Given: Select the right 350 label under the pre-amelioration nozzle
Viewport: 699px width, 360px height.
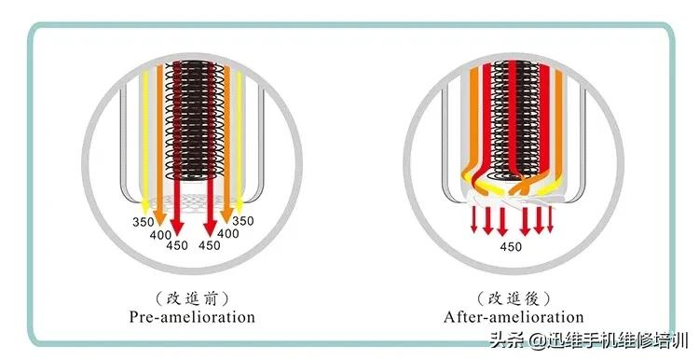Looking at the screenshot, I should pyautogui.click(x=242, y=221).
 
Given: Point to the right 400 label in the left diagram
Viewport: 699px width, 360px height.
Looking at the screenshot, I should pyautogui.click(x=228, y=233).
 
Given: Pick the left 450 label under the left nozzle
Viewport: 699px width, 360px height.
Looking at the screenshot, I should pyautogui.click(x=177, y=245).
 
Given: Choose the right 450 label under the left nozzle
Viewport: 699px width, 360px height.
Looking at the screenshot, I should pyautogui.click(x=210, y=245).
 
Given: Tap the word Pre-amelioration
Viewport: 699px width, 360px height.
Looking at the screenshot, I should pyautogui.click(x=192, y=317).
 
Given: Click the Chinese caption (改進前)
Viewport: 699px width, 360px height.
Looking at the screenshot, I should pyautogui.click(x=192, y=298).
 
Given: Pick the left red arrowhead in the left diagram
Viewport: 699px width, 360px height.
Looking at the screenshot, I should pyautogui.click(x=178, y=227).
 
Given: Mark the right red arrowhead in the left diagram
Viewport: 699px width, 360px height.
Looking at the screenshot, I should pyautogui.click(x=210, y=227).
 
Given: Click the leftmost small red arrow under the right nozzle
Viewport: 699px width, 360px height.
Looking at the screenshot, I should pyautogui.click(x=474, y=226).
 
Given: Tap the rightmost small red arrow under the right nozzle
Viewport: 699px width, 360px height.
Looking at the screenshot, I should pyautogui.click(x=550, y=226).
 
